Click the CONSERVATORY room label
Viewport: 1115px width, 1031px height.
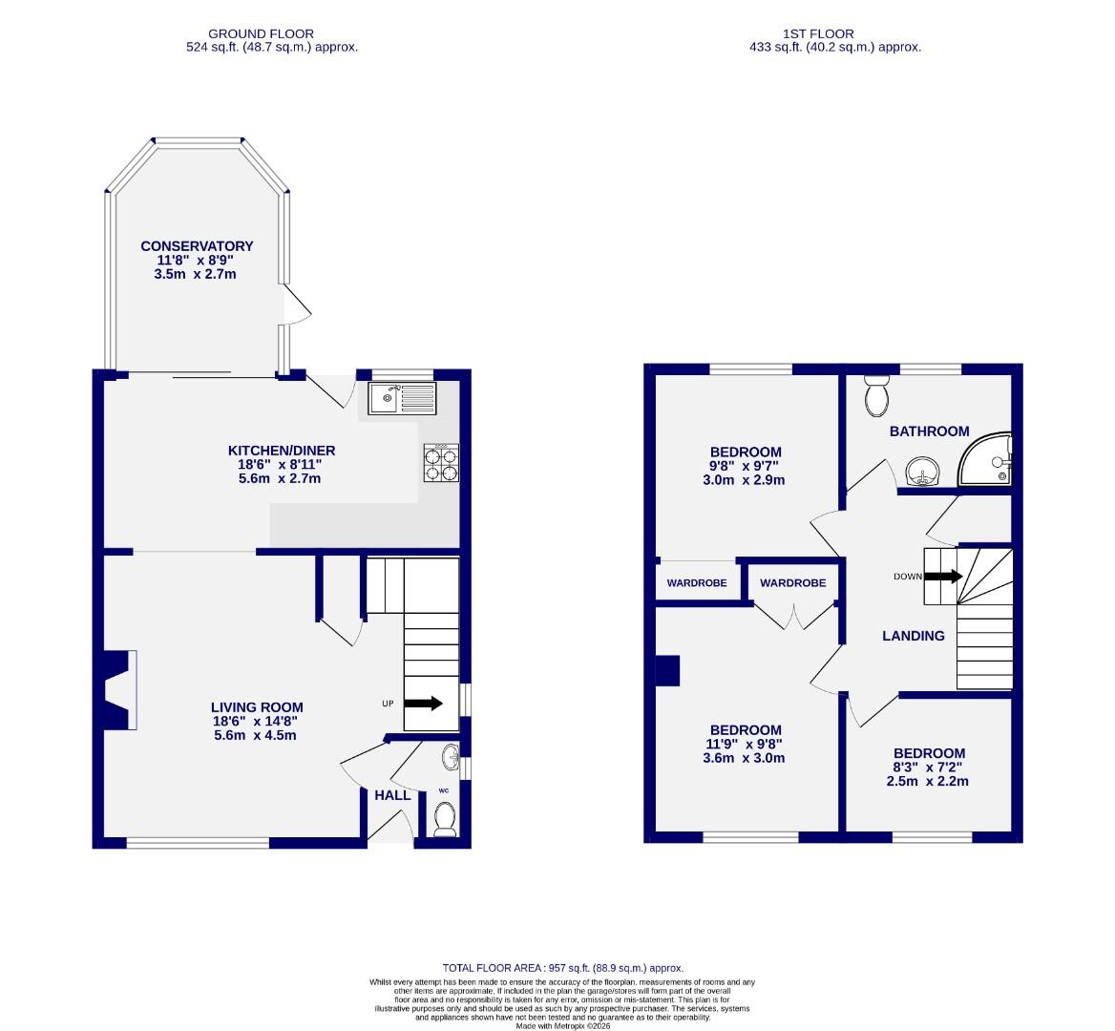197,246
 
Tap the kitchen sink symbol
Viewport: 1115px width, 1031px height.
401,397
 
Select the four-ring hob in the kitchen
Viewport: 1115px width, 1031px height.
441,463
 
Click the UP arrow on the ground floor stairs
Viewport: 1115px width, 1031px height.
423,704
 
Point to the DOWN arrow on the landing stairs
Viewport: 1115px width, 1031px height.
943,576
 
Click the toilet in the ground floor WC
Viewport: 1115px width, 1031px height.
444,818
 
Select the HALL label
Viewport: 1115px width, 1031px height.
392,795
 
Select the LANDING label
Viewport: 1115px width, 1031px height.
913,636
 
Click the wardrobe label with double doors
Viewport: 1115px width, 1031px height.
793,583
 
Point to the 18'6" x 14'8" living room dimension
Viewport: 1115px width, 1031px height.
257,722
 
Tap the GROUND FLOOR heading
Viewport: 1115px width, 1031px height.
247,33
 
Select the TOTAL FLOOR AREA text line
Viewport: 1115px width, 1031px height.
562,968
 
